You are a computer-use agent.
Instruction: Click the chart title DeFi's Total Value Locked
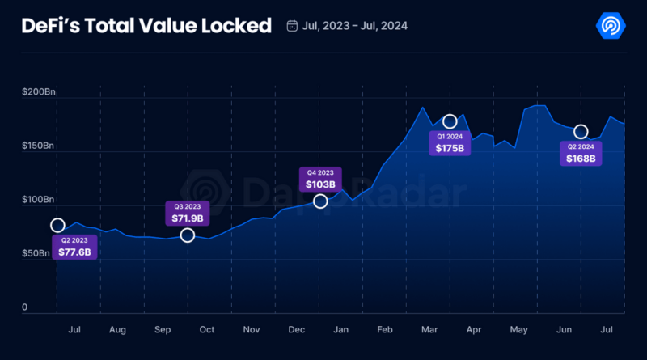[x=146, y=25]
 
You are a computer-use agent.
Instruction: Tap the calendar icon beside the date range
[x=292, y=26]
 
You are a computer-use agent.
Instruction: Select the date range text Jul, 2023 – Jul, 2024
[x=354, y=26]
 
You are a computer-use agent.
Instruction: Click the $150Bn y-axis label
[x=38, y=146]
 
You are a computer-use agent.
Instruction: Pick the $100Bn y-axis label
[x=38, y=200]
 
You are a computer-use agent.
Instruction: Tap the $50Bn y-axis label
[x=38, y=253]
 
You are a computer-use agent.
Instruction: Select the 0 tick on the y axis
[x=25, y=307]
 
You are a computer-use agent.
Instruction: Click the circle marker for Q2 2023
[x=57, y=225]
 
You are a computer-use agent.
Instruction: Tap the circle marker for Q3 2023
[x=188, y=235]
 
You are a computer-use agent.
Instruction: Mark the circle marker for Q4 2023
[x=320, y=201]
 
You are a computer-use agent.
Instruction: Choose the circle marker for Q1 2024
[x=450, y=121]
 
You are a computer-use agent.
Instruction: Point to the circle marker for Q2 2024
[x=580, y=132]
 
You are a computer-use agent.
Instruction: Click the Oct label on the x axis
[x=206, y=330]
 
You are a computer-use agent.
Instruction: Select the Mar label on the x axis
[x=429, y=330]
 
